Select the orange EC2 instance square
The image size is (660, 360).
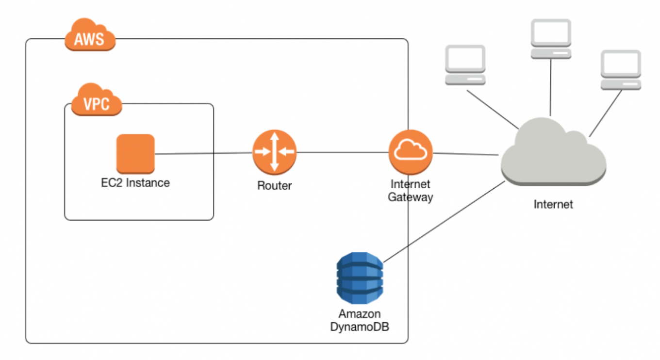click(135, 154)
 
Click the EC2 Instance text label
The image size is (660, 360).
click(135, 183)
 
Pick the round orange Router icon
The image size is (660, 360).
click(274, 152)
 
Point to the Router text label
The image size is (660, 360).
click(274, 185)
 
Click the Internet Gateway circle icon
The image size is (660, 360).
click(411, 152)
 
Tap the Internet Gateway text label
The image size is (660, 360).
click(411, 191)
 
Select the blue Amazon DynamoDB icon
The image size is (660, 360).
click(360, 278)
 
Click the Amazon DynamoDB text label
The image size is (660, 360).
click(360, 320)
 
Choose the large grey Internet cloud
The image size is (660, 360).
click(553, 154)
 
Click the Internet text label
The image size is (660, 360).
click(553, 204)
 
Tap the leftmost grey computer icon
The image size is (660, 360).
click(465, 65)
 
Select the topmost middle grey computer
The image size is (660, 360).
click(551, 39)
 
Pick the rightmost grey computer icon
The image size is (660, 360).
click(621, 70)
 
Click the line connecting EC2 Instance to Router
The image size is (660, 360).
click(204, 154)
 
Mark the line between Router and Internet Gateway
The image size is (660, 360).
click(342, 152)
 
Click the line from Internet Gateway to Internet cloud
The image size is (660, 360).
click(466, 154)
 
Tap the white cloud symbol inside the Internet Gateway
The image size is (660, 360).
click(411, 151)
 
